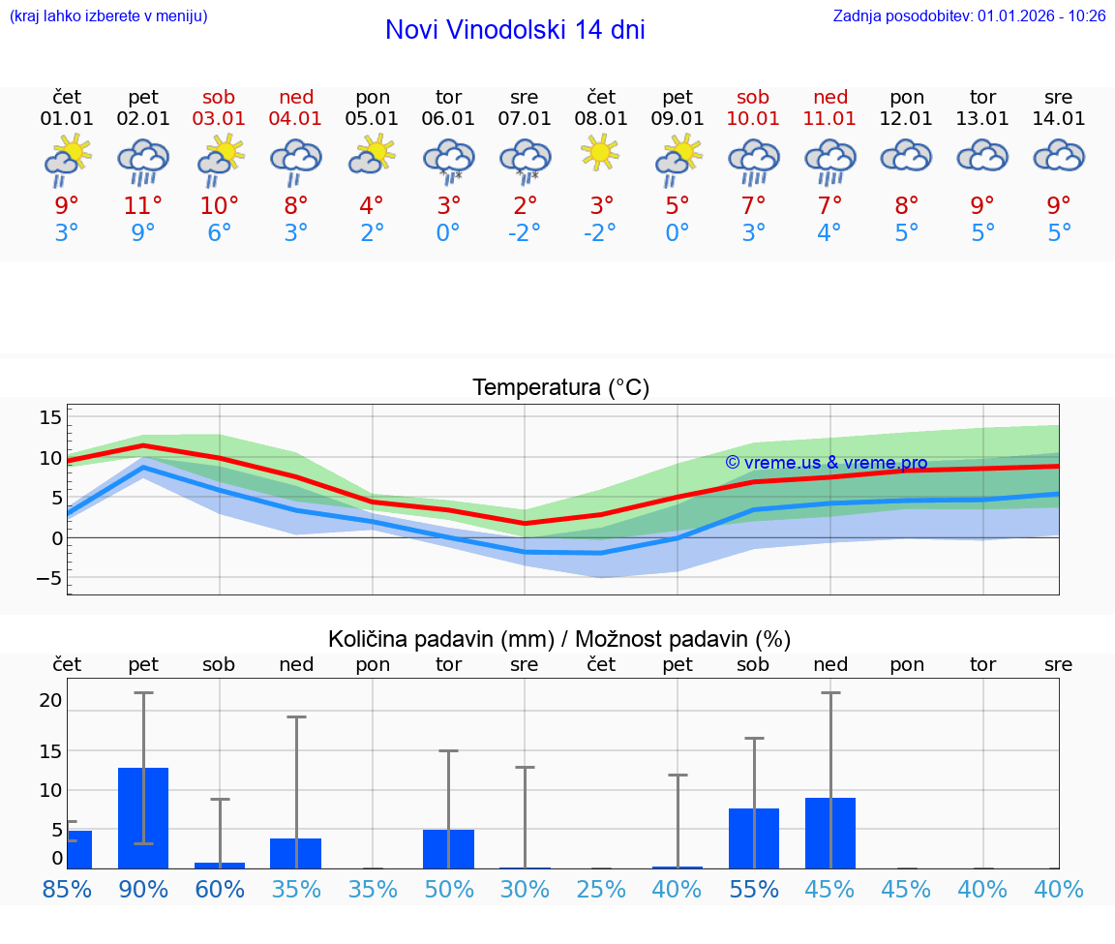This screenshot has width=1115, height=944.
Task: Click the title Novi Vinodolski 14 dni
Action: (515, 30)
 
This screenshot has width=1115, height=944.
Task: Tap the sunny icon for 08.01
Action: (600, 153)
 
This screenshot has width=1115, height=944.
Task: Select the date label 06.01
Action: (448, 119)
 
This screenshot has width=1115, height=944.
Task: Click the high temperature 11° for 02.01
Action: (143, 206)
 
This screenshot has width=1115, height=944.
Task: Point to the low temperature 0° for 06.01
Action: (448, 233)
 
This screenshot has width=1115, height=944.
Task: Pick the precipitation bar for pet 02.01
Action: (143, 818)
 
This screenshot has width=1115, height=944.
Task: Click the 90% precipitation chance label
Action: (143, 889)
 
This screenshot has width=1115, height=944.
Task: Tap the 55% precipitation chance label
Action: (753, 889)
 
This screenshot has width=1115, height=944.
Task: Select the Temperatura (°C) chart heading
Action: (560, 388)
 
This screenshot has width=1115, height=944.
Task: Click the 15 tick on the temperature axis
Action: (50, 417)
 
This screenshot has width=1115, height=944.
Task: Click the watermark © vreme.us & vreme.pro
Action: (826, 463)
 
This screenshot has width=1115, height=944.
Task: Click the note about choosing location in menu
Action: (108, 16)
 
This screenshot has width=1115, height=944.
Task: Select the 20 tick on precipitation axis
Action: (50, 700)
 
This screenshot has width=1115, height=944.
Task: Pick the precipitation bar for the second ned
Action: (830, 833)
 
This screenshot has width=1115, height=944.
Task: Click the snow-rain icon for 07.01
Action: (525, 160)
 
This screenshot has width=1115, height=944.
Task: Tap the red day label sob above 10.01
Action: (753, 97)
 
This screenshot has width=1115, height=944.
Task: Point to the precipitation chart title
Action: (559, 639)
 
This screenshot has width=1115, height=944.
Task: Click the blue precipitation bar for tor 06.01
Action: (448, 849)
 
